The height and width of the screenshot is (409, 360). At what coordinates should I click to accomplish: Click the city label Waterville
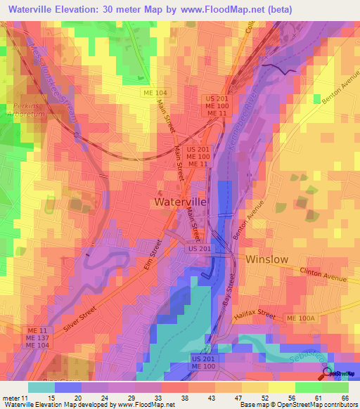[180, 202]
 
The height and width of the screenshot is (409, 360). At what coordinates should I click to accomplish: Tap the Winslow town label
[266, 259]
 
